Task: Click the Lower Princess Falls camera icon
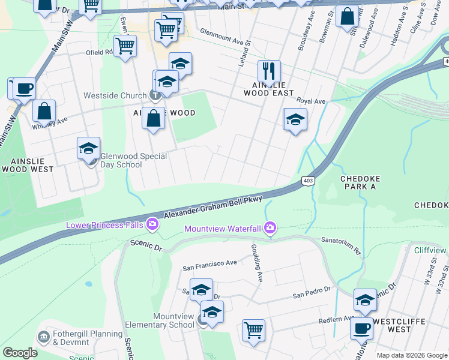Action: (x=152, y=224)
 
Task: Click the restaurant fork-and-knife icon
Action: (x=269, y=71)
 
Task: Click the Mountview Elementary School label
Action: (x=160, y=321)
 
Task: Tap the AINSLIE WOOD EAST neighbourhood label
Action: (x=269, y=89)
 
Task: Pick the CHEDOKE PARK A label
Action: (x=366, y=182)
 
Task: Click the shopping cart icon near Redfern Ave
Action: (x=254, y=329)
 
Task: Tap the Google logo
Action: (x=20, y=353)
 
